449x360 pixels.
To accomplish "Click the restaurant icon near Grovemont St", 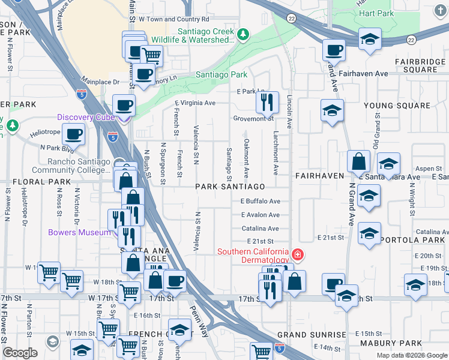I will [267, 102].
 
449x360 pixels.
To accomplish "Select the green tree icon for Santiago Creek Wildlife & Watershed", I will [243, 35].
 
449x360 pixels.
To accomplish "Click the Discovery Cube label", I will [86, 117].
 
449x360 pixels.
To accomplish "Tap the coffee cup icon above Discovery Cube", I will [124, 105].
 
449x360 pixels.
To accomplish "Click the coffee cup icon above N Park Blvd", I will [73, 134].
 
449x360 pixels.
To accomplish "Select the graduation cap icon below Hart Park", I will [370, 40].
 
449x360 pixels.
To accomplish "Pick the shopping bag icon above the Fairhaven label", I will [358, 161].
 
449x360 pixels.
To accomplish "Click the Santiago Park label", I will [221, 75].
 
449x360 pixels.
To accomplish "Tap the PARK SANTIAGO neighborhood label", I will [230, 187].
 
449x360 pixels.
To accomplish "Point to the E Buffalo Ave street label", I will [260, 202].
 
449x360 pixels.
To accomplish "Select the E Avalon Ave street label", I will [260, 215].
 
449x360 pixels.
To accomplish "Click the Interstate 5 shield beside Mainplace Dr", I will [82, 94].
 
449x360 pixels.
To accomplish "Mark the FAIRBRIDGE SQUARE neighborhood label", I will [420, 66].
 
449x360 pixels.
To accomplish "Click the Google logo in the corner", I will [20, 353].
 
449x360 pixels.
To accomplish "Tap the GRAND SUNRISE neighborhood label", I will [311, 335].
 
